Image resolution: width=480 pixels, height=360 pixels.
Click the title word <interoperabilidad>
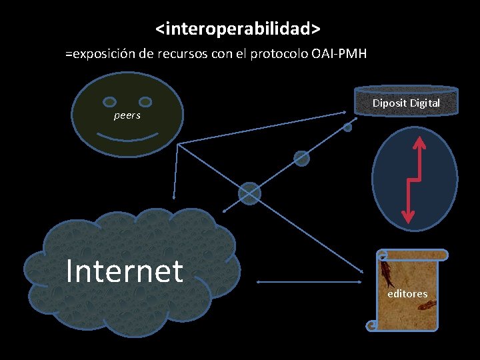239,29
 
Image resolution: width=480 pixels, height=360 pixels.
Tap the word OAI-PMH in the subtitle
339,54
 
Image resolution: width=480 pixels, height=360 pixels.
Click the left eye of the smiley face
111,102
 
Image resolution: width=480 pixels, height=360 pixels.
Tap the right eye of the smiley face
144,102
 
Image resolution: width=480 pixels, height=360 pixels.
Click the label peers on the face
127,115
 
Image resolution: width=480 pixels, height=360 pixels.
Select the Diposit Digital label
406,103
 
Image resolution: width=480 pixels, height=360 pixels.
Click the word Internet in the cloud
125,271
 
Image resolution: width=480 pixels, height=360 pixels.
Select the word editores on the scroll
407,293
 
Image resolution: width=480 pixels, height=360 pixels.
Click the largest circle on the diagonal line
249,193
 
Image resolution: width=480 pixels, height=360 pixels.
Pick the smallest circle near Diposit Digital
347,127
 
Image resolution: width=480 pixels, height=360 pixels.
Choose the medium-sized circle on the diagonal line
302,158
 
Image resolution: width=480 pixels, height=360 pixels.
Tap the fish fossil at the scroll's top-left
387,273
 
